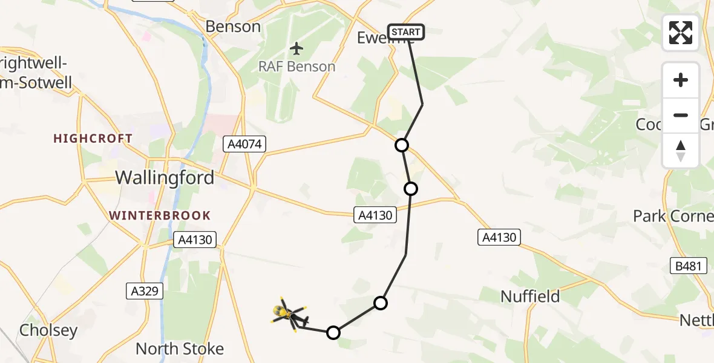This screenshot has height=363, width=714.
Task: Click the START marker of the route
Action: pos(405,32)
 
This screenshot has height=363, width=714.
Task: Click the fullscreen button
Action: pos(681,33)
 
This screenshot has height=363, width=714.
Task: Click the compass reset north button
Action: pos(681,151)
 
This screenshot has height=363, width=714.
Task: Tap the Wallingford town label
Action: pos(165,178)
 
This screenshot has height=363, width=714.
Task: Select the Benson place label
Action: pos(233,27)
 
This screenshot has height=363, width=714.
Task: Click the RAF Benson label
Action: pos(296,67)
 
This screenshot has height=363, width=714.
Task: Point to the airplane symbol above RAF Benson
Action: pos(296,48)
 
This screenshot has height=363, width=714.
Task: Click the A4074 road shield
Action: pos(244,144)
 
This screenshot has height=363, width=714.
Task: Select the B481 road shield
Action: pos(688,265)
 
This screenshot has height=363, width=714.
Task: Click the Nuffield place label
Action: pos(531,296)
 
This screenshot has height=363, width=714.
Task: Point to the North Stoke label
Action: pos(180,349)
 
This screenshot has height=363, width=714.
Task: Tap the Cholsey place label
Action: pos(48,330)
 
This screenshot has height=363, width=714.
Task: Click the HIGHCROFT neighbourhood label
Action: pos(93,139)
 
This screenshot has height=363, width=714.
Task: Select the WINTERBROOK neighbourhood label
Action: pos(160,216)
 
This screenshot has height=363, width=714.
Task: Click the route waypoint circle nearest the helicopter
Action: pos(333,332)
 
